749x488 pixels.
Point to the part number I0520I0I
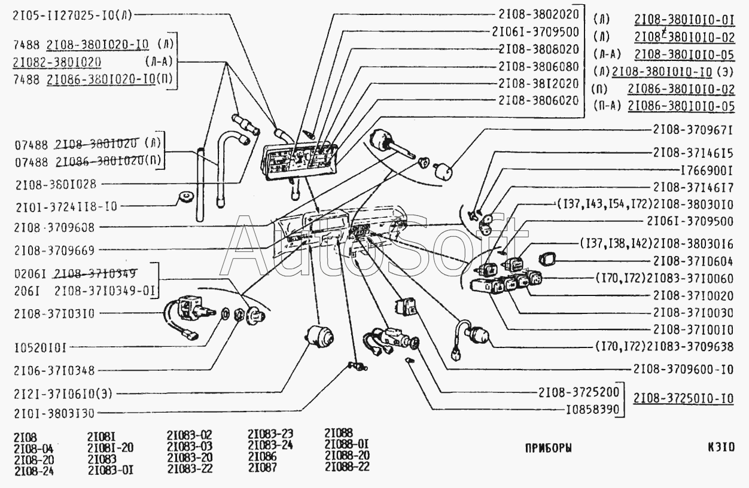[38, 347]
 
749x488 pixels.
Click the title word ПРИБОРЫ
[548, 448]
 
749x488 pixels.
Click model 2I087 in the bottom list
[263, 468]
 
